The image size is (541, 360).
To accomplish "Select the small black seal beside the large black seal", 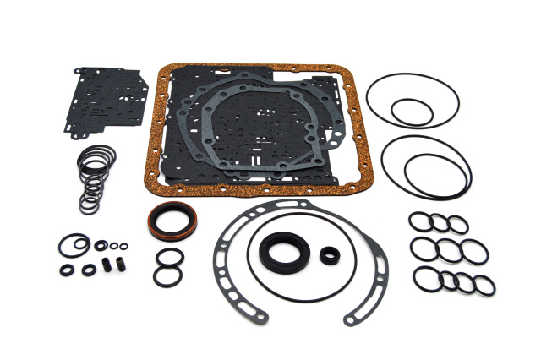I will [x=330, y=254].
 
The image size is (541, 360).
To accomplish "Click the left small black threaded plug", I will [x=106, y=264].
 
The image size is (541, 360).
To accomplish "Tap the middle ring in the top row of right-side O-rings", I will [x=438, y=222].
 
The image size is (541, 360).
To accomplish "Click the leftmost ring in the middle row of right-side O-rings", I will [x=423, y=249].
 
